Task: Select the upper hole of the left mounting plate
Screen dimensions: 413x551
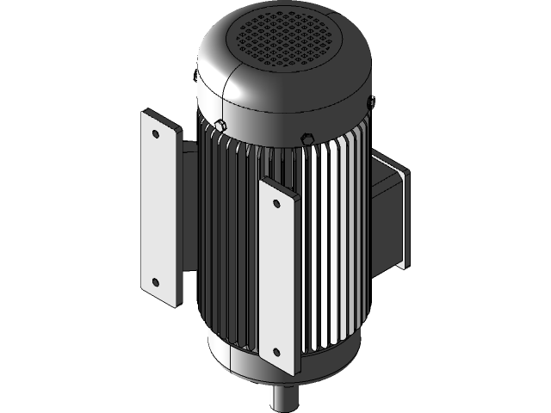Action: click(155, 134)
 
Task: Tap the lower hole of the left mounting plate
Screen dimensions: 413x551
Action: click(155, 281)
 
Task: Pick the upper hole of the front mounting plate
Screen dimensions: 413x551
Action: click(275, 204)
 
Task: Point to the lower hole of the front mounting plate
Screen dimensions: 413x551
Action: click(276, 351)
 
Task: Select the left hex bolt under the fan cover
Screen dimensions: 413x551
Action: click(220, 126)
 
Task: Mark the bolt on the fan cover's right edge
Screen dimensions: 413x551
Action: click(371, 102)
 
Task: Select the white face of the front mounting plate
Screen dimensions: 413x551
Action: click(276, 275)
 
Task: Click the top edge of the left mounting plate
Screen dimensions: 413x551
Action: click(160, 114)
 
